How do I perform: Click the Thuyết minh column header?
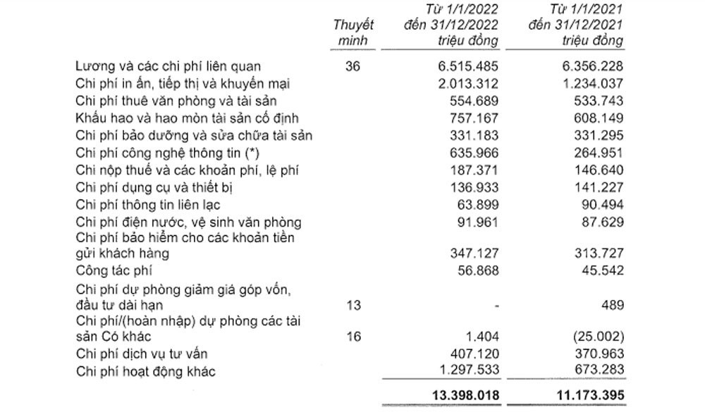352,32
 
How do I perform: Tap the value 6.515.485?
466,67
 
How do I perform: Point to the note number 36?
353,67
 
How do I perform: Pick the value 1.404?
483,337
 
